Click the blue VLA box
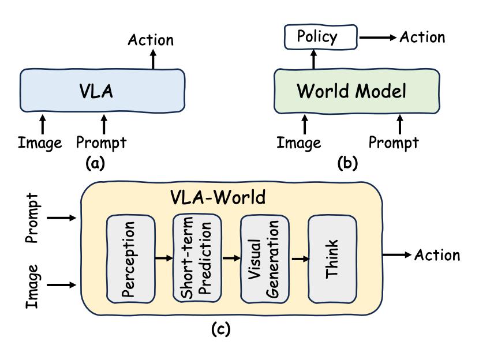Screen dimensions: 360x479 coord(104,91)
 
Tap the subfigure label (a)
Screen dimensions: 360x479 coord(95,163)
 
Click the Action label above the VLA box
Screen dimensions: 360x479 coord(151,40)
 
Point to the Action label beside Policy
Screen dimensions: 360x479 coord(422,37)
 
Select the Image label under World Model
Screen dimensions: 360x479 coord(298,142)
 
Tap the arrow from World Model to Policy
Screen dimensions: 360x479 coord(314,58)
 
